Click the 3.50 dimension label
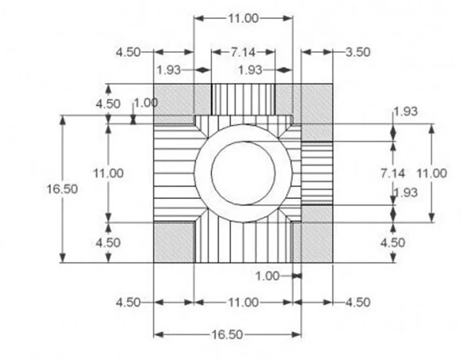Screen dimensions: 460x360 (358, 52)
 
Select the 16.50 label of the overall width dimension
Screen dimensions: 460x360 (227, 335)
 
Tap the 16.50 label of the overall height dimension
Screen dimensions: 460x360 (62, 189)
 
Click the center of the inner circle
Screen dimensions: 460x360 (243, 173)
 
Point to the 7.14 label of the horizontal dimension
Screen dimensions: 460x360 (243, 52)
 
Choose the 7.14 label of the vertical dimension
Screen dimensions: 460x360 (393, 173)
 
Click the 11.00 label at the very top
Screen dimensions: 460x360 (243, 18)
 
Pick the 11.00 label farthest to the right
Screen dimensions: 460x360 (432, 173)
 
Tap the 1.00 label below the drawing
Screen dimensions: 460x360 (267, 276)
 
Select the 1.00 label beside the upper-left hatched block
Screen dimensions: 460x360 (146, 103)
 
